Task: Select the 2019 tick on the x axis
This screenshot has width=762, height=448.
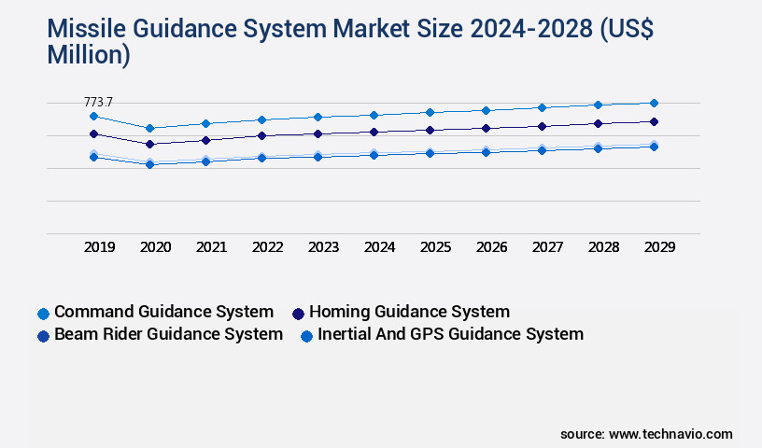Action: point(99,247)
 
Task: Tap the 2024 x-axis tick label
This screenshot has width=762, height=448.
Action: point(379,247)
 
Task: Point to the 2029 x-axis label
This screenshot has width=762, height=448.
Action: point(659,247)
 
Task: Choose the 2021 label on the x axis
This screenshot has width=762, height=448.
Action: point(211,247)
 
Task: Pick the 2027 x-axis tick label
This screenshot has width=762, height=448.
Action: point(547,247)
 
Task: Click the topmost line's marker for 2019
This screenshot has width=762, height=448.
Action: point(93,116)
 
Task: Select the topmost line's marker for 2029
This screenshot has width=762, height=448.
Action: point(654,103)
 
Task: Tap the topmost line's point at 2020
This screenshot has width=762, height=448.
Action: point(149,128)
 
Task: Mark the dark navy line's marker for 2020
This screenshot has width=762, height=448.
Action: point(149,144)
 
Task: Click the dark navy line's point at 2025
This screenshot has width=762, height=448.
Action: point(430,130)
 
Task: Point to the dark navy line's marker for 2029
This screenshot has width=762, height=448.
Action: point(654,121)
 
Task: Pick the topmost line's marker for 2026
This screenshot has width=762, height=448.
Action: point(486,110)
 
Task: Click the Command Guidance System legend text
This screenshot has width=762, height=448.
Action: point(163,312)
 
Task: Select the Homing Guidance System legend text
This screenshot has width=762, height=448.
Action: point(409,312)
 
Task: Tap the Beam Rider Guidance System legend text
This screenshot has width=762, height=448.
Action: point(168,334)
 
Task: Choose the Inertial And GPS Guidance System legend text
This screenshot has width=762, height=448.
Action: point(450,334)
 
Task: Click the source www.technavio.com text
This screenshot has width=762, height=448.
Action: point(646,434)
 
